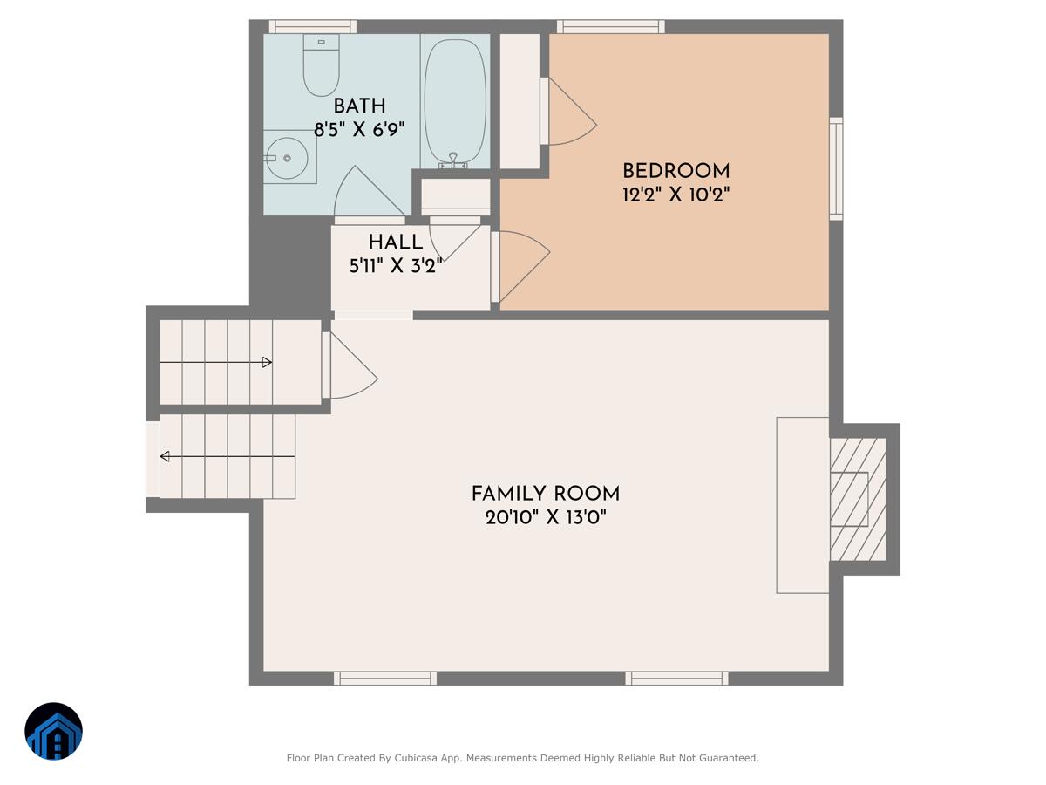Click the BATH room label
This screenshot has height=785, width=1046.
pyautogui.click(x=359, y=106)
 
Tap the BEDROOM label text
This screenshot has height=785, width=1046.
pyautogui.click(x=676, y=171)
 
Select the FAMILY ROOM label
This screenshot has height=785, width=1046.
pyautogui.click(x=546, y=494)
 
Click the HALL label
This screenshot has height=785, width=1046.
pyautogui.click(x=396, y=242)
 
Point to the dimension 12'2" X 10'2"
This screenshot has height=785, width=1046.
pyautogui.click(x=676, y=195)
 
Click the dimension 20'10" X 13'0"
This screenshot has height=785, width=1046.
pyautogui.click(x=546, y=517)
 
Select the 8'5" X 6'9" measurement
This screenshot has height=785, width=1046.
pyautogui.click(x=359, y=130)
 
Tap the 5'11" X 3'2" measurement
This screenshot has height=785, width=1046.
pyautogui.click(x=396, y=266)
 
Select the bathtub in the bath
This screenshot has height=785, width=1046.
pyautogui.click(x=454, y=100)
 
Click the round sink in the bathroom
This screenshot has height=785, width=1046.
pyautogui.click(x=287, y=158)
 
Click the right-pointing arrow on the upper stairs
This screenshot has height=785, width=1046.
pyautogui.click(x=267, y=362)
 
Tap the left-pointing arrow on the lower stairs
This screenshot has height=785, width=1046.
pyautogui.click(x=165, y=456)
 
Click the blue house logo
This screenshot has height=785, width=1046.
pyautogui.click(x=53, y=731)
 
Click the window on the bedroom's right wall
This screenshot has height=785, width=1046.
pyautogui.click(x=836, y=168)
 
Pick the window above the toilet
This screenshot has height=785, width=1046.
pyautogui.click(x=312, y=26)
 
